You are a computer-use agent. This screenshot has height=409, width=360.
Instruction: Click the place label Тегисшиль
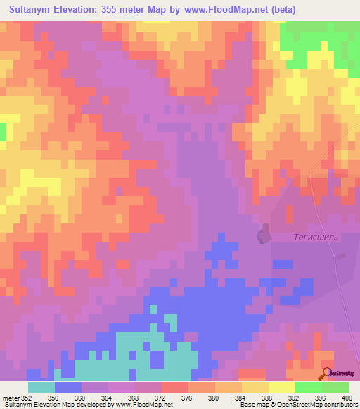[x=316, y=237]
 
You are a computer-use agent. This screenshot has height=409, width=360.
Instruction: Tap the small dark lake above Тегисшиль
[x=264, y=234]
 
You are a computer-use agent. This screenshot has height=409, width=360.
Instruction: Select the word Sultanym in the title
[x=34, y=10]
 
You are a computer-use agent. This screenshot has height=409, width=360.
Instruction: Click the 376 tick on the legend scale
[x=187, y=398]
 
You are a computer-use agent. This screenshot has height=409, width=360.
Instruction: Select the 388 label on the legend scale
[x=267, y=398]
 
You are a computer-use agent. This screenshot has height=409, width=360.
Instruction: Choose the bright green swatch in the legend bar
[x=309, y=387]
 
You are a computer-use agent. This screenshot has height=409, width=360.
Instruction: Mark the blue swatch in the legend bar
[x=67, y=387]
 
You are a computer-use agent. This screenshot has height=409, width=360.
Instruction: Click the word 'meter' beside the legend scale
[x=10, y=398]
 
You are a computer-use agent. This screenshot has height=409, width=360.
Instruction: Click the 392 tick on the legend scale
[x=294, y=398]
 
